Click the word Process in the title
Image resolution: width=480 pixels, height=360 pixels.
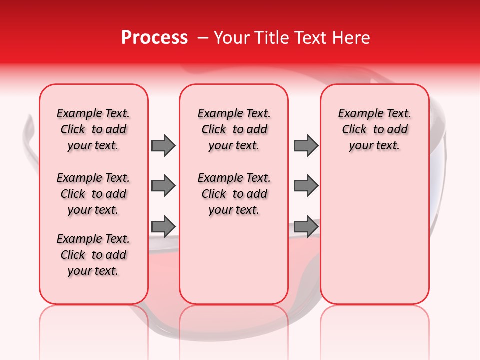coord(154,38)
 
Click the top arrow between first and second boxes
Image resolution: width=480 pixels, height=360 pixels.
coord(163,145)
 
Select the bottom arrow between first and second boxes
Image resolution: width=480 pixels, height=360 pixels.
coord(163,226)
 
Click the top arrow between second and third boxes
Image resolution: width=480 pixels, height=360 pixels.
coord(306,145)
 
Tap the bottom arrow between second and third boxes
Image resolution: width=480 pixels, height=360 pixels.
coord(306,226)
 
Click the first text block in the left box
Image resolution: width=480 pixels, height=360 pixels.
coord(93,129)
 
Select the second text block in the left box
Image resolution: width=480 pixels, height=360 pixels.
coord(93,194)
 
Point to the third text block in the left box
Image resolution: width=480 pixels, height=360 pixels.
coord(93,255)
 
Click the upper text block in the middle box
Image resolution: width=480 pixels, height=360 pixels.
coord(234,129)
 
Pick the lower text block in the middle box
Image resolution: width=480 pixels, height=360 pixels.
coord(234,194)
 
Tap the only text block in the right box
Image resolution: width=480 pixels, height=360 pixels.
coord(374,129)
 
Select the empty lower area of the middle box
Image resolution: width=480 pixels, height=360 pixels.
coord(234,260)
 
